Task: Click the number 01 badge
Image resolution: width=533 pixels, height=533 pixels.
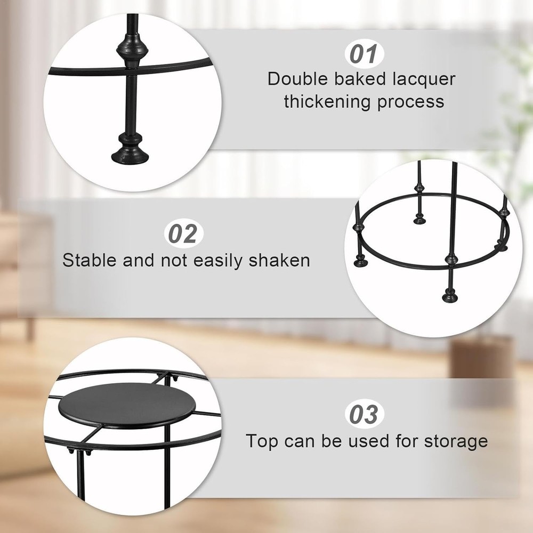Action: pos(365,54)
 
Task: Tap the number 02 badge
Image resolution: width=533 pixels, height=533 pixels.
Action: pos(183,233)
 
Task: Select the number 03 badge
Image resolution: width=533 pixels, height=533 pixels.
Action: pos(365,414)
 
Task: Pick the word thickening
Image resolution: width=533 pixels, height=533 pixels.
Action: pos(327,102)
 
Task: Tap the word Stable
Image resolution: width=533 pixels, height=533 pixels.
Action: pos(90,261)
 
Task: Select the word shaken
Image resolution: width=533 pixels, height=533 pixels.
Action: pos(279,261)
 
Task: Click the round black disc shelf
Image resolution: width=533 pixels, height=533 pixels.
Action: pos(127,406)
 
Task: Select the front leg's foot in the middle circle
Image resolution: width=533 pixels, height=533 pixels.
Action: pos(450,295)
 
